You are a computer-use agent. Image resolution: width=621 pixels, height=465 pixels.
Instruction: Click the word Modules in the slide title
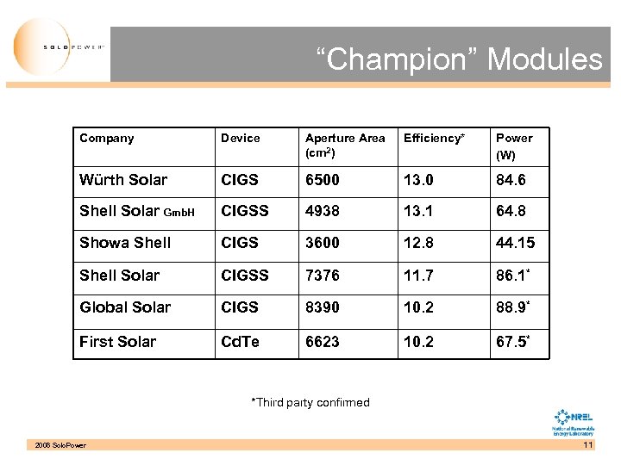tap(544, 59)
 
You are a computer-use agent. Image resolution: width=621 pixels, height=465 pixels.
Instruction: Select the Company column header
tap(106, 138)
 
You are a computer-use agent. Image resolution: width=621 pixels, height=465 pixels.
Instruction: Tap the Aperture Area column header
tap(345, 145)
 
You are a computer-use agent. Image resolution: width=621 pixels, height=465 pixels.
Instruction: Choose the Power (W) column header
tap(514, 146)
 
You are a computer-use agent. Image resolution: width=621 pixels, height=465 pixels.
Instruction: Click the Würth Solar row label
tap(123, 180)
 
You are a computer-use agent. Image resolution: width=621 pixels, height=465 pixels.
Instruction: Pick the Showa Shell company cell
tap(125, 243)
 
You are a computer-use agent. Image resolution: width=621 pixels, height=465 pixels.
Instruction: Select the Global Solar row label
tap(125, 307)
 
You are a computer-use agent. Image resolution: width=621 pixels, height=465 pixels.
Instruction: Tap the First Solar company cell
tap(118, 342)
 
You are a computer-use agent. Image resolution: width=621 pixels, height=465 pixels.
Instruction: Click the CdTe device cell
tap(240, 342)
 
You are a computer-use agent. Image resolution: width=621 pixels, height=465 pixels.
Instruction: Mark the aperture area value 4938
tap(323, 211)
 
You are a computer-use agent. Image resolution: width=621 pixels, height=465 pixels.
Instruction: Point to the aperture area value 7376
tap(323, 276)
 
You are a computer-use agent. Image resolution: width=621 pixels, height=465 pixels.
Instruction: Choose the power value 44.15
tap(516, 243)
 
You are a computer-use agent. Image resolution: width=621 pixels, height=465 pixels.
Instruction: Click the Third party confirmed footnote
tap(310, 402)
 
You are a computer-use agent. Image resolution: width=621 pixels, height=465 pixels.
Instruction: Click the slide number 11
tap(588, 445)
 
